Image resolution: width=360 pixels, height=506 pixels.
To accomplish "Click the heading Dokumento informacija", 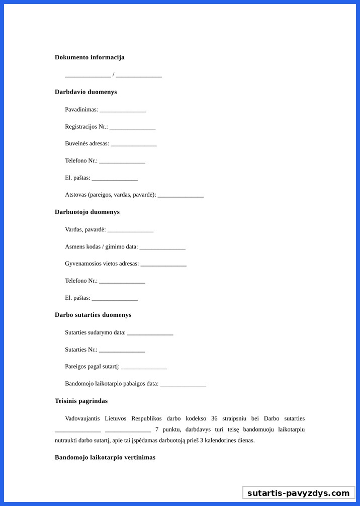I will [89, 57].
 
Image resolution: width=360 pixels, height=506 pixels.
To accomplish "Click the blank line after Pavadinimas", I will [122, 110].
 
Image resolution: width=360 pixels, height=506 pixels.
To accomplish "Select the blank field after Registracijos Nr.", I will [132, 127].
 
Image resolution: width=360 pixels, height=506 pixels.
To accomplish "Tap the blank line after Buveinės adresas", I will [134, 144].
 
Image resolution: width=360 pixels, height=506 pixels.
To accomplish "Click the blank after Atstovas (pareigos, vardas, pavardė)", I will [181, 195].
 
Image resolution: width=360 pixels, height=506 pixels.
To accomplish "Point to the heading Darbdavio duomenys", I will [85, 92].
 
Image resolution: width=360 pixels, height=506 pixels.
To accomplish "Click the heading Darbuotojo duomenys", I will [87, 212].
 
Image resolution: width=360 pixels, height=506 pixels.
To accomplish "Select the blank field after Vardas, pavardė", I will [130, 230].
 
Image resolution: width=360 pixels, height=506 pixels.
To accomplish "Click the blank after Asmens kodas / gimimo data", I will [162, 247].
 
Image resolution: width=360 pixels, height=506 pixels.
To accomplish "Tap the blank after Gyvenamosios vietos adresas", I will [163, 264].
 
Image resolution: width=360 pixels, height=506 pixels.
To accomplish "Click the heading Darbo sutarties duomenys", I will [93, 315].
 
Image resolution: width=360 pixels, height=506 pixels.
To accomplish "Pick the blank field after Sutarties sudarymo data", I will [150, 333].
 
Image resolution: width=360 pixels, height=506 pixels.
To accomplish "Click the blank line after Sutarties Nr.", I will [122, 350].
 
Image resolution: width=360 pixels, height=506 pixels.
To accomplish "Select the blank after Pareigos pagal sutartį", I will [144, 367].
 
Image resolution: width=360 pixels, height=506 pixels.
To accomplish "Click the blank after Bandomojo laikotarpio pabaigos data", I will [183, 384].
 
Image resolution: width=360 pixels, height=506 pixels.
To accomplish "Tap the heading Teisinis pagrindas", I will [81, 401].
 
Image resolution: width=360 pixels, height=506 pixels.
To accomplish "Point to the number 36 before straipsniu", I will [214, 418].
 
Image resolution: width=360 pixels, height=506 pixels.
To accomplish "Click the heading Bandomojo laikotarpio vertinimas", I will [105, 457].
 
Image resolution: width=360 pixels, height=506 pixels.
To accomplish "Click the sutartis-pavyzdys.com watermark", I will [298, 493].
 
